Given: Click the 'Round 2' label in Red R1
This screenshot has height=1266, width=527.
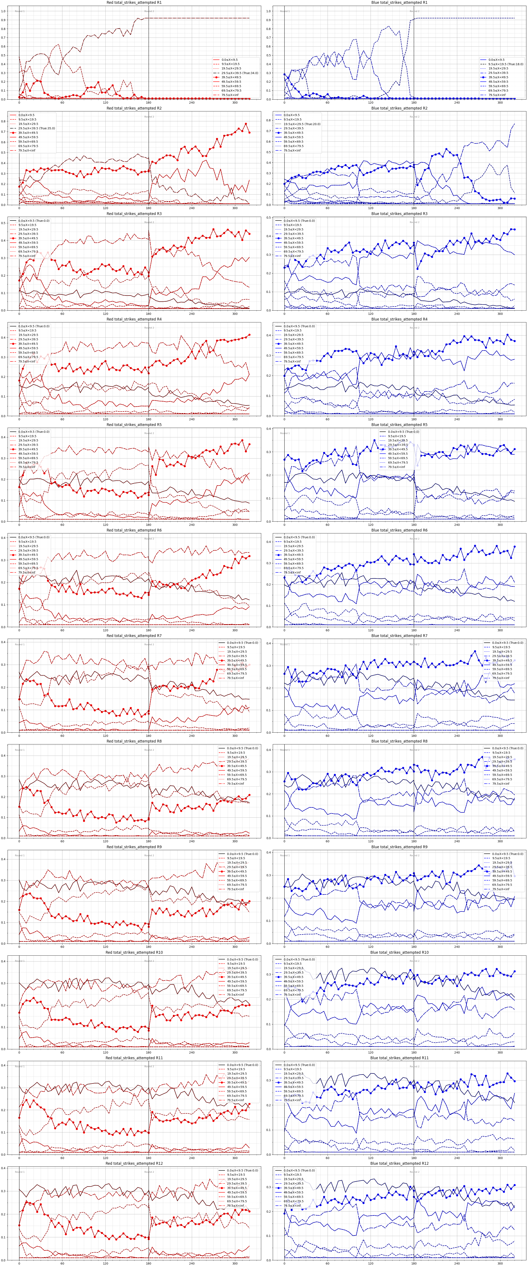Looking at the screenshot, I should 149,11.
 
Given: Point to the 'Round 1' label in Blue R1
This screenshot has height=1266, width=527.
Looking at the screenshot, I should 285,11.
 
